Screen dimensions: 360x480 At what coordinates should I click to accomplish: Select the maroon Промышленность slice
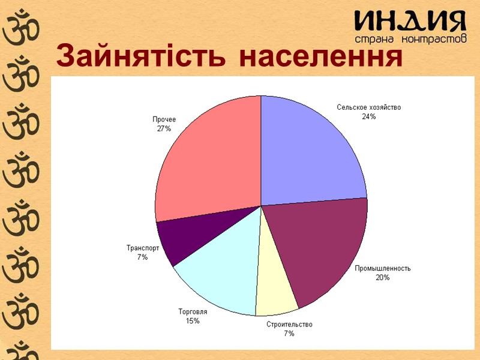[x=318, y=246]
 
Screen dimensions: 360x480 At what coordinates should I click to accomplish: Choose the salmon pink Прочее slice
[x=207, y=162]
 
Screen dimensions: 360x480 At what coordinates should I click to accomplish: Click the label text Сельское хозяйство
[x=368, y=107]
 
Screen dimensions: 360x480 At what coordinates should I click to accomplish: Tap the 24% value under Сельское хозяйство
[x=368, y=116]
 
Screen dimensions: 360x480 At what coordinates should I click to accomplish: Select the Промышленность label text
[x=383, y=268]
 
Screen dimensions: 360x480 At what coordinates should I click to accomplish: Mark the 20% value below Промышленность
[x=383, y=277]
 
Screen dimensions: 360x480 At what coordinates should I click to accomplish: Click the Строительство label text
[x=289, y=325]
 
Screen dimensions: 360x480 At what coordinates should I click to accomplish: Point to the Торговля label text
[x=193, y=312]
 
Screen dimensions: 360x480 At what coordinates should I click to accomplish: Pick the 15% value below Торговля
[x=193, y=321]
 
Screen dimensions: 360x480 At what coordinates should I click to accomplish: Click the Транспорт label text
[x=143, y=248]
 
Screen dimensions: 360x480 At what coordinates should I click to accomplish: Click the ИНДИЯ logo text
[x=410, y=22]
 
